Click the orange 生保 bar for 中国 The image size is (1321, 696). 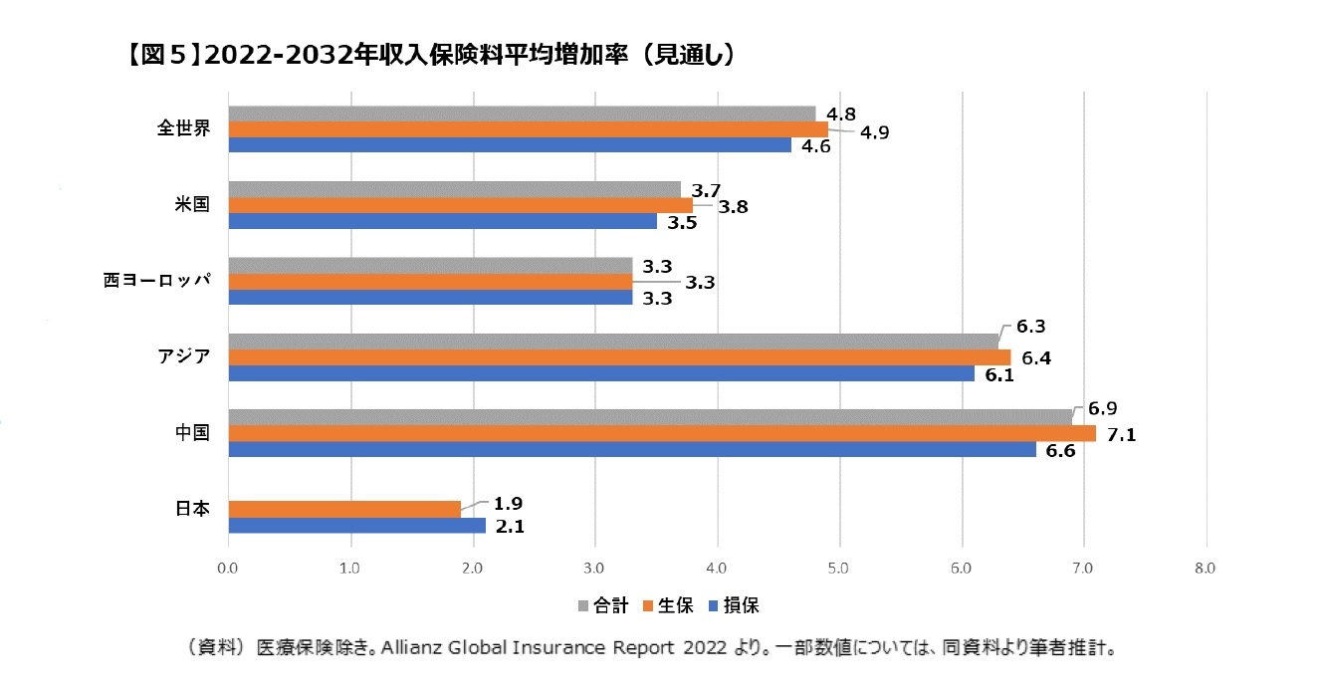tap(662, 433)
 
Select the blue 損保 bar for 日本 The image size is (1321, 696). tap(356, 525)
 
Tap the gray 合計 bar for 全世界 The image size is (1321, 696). tap(522, 114)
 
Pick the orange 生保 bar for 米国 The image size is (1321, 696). tap(460, 205)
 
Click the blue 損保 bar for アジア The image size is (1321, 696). tap(601, 373)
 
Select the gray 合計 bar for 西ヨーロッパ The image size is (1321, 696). tap(430, 266)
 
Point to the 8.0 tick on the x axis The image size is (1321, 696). tap(1205, 569)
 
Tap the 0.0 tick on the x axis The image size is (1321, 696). tap(228, 569)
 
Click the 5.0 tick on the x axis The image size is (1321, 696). tap(838, 569)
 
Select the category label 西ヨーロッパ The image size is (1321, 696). tap(157, 281)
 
